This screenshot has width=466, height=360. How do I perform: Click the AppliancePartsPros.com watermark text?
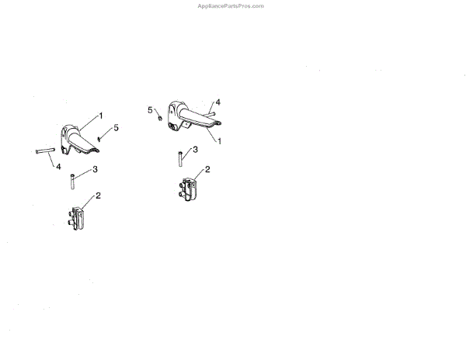[232, 5]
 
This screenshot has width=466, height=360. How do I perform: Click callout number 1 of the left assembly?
[101, 116]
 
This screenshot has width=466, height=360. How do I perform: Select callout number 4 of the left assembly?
[58, 164]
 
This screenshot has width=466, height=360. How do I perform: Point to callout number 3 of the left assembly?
[95, 169]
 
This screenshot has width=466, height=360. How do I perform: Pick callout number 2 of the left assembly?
[98, 196]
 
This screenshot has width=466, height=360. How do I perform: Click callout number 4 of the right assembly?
[218, 102]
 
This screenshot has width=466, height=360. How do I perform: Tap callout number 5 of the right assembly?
[151, 110]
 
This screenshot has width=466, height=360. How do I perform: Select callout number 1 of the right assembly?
[220, 141]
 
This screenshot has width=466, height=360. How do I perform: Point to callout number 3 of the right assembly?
[196, 149]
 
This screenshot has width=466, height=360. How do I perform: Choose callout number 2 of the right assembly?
[207, 168]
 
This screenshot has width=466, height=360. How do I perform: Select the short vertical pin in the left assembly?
[72, 181]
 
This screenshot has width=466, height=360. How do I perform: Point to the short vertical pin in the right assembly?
[179, 157]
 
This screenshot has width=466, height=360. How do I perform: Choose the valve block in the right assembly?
[190, 189]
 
